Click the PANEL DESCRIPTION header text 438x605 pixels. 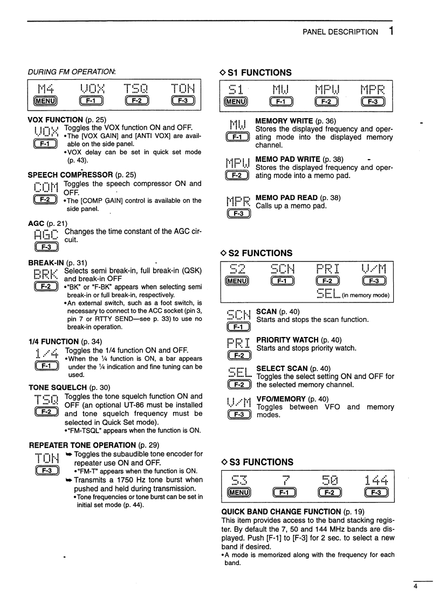pyautogui.click(x=340, y=32)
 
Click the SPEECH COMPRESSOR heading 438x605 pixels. pyautogui.click(x=71, y=175)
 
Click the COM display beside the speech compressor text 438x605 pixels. pyautogui.click(x=46, y=189)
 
